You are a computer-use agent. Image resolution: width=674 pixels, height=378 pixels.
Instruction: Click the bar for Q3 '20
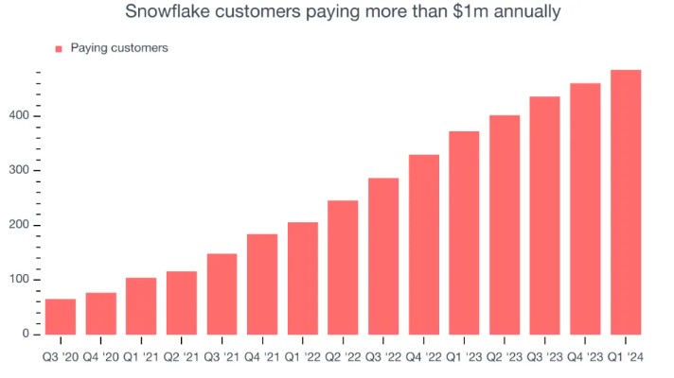61,317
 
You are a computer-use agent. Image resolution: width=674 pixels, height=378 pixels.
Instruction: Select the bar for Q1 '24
626,202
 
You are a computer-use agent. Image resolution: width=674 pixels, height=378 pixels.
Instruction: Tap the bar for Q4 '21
262,284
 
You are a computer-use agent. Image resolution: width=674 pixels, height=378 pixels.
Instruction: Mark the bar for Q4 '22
423,245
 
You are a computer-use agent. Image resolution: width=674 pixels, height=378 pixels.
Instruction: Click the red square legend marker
59,48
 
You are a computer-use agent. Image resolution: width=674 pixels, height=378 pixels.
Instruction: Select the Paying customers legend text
119,48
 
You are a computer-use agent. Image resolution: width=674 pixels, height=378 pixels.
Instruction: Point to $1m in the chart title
467,12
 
